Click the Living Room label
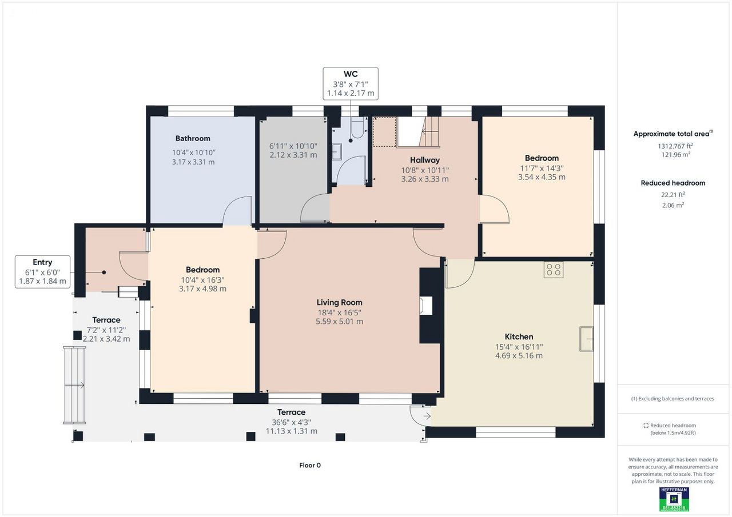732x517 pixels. click(x=339, y=302)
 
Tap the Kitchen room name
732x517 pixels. click(x=519, y=336)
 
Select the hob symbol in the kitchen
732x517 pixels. click(x=554, y=270)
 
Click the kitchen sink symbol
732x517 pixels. click(x=587, y=339)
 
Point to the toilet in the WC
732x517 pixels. click(x=357, y=128)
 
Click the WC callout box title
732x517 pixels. click(x=351, y=74)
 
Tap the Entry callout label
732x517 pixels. click(x=42, y=262)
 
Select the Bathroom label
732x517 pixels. click(x=193, y=138)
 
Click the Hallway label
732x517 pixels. click(x=425, y=160)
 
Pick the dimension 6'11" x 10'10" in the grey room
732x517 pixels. click(x=293, y=146)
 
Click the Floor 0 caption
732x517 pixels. click(x=310, y=465)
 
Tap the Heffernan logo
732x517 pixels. click(x=674, y=499)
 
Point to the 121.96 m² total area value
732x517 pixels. click(x=676, y=154)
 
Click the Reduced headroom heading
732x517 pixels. click(x=673, y=183)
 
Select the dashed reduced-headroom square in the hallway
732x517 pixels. click(x=385, y=132)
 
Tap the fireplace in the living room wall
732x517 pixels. click(x=426, y=306)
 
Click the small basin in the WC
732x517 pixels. click(x=337, y=151)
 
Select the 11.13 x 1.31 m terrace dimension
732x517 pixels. click(x=292, y=431)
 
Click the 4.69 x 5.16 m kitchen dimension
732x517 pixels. click(x=519, y=356)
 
